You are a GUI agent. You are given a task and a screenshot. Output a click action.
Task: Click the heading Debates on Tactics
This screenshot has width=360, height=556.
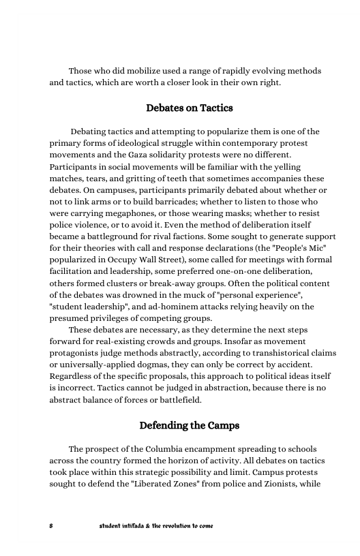(190, 108)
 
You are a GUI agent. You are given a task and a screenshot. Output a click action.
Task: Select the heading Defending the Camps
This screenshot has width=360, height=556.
(190, 426)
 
